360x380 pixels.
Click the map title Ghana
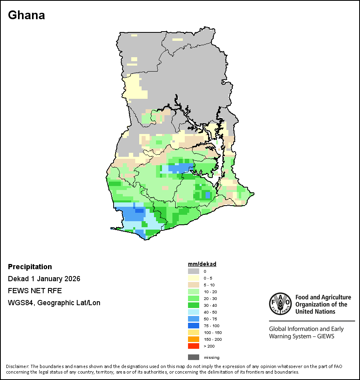tap(26, 15)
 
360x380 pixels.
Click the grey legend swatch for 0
tap(194, 271)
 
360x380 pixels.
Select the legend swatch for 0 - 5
tap(194, 278)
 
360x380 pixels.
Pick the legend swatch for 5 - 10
tap(194, 285)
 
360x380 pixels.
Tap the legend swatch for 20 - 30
tap(194, 298)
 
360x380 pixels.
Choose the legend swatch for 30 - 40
tap(194, 305)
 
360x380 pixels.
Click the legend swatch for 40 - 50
tap(194, 312)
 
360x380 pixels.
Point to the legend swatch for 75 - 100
tap(194, 326)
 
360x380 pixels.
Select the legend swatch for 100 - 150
tap(194, 332)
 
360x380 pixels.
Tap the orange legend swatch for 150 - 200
tap(194, 339)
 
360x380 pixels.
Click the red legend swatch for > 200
tap(194, 346)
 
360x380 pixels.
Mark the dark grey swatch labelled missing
tap(194, 357)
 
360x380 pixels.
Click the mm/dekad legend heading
tap(202, 264)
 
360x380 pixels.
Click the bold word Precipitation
tap(30, 267)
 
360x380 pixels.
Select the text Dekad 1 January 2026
tap(44, 279)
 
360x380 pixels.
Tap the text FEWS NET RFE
tap(35, 291)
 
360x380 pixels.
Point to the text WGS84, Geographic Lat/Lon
tap(54, 303)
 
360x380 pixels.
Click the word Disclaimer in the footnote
tap(17, 366)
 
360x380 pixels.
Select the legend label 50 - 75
tap(210, 319)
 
